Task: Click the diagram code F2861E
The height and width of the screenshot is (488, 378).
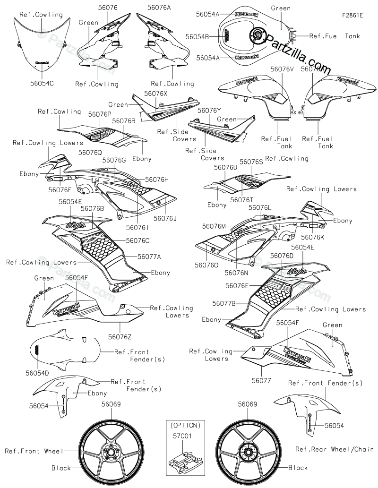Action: (352, 15)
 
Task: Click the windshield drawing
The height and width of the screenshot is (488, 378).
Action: (42, 47)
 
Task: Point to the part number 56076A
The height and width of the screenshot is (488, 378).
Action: (159, 8)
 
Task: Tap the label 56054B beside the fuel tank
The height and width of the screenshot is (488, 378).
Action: (197, 36)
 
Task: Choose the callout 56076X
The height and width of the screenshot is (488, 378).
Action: (156, 94)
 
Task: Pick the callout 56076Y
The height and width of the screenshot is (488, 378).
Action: (209, 111)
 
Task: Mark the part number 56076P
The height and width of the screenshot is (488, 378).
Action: (100, 114)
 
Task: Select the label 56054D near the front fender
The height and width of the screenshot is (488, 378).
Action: (38, 373)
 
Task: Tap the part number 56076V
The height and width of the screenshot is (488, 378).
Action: (282, 69)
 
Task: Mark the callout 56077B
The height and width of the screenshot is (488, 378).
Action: (224, 303)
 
